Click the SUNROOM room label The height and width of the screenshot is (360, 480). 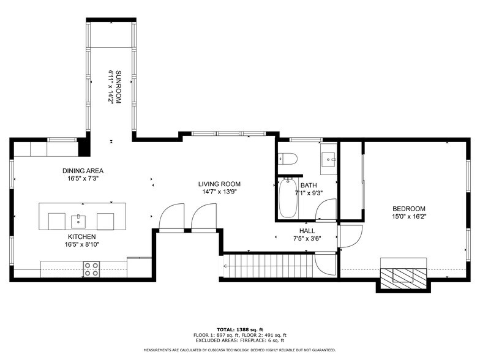pyautogui.click(x=119, y=87)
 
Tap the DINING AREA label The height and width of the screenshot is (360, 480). pyautogui.click(x=83, y=171)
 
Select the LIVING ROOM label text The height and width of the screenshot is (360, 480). pyautogui.click(x=219, y=184)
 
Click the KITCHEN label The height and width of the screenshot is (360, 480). pyautogui.click(x=82, y=236)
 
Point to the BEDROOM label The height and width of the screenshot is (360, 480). pyautogui.click(x=409, y=209)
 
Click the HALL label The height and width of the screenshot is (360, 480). pyautogui.click(x=307, y=231)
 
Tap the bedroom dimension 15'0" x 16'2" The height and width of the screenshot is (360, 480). pyautogui.click(x=409, y=217)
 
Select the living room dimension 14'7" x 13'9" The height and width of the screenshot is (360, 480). pyautogui.click(x=219, y=192)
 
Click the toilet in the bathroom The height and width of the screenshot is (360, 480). pyautogui.click(x=288, y=158)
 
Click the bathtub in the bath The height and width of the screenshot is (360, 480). pyautogui.click(x=288, y=198)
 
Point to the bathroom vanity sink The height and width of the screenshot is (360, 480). pyautogui.click(x=329, y=159)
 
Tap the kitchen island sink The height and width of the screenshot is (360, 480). pyautogui.click(x=78, y=222)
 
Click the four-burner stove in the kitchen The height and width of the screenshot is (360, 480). pyautogui.click(x=92, y=269)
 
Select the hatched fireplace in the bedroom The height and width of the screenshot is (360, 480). pyautogui.click(x=403, y=279)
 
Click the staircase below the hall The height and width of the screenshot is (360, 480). pyautogui.click(x=269, y=266)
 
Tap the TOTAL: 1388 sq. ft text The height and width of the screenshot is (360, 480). pyautogui.click(x=240, y=329)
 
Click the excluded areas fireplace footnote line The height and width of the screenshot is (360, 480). pyautogui.click(x=240, y=340)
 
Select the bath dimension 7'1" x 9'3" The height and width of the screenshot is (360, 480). pyautogui.click(x=309, y=193)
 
